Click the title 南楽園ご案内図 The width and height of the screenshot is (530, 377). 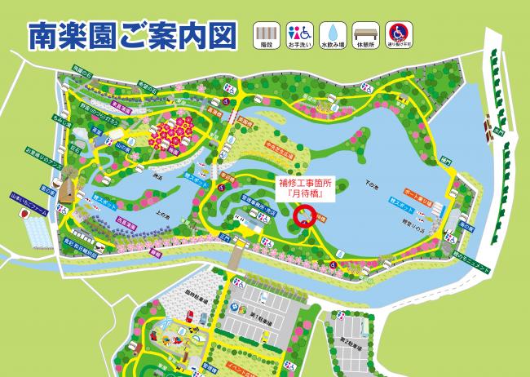132,34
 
